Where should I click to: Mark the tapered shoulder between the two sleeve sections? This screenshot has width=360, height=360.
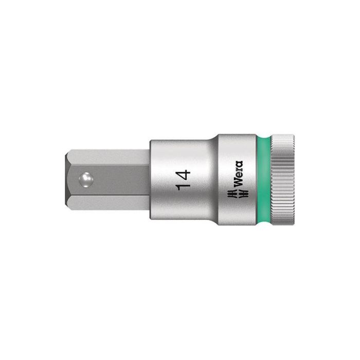(x=212, y=179)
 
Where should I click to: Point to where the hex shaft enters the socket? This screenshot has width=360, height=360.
(x=151, y=179)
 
